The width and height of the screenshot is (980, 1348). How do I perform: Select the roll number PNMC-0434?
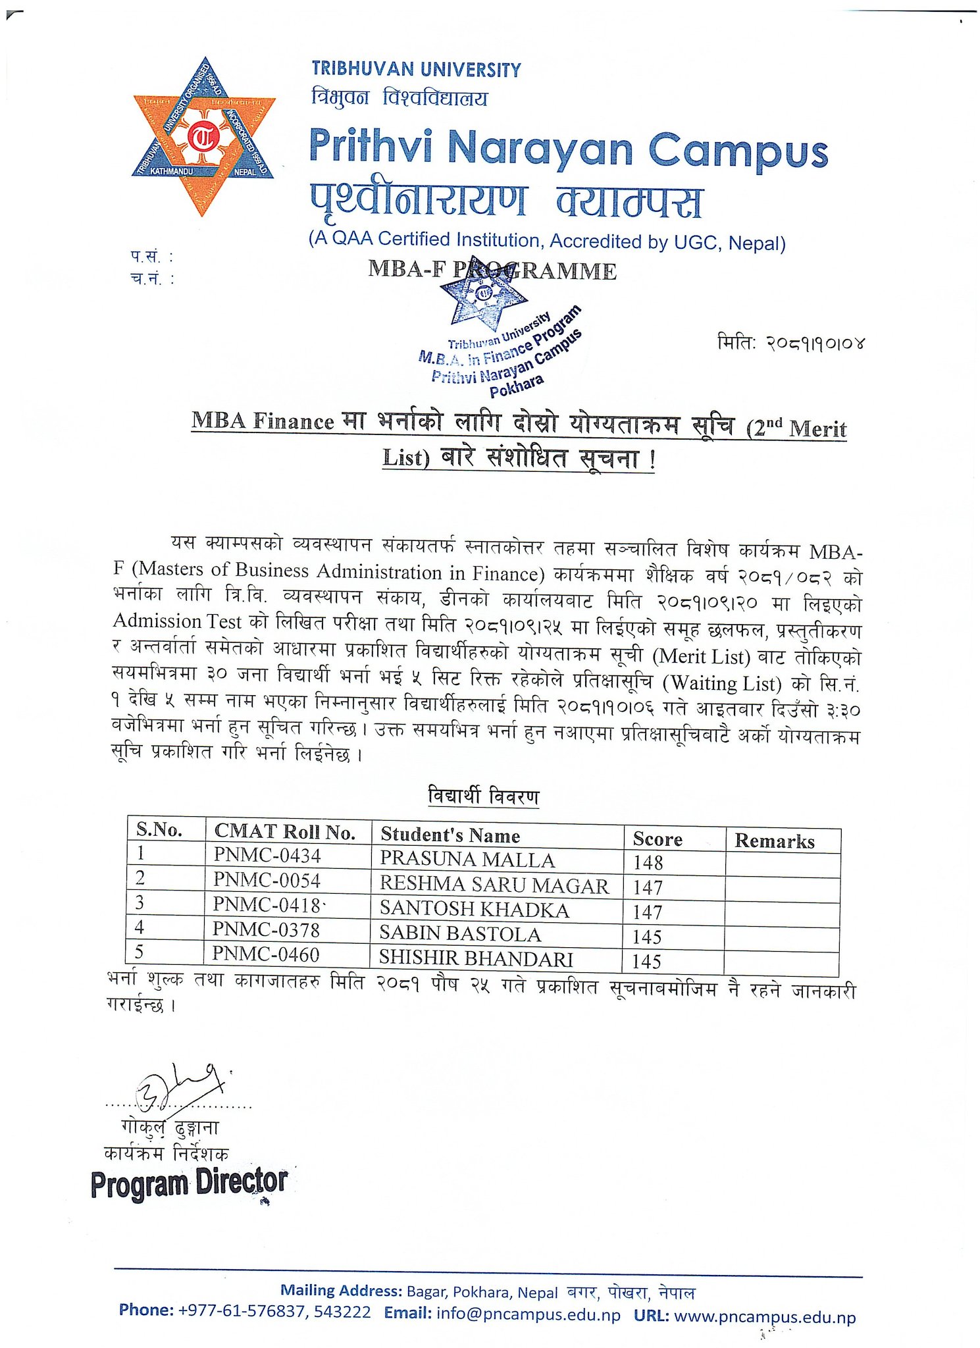[x=267, y=855]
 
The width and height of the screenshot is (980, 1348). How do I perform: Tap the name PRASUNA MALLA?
[x=467, y=859]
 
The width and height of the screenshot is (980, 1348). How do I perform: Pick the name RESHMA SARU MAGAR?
[x=494, y=885]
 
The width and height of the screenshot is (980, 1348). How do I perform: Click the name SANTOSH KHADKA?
[x=474, y=910]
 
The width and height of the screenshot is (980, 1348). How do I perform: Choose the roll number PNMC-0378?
[x=266, y=929]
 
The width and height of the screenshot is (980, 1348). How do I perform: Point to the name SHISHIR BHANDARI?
[x=476, y=958]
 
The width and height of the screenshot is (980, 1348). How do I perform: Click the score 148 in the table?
[x=648, y=862]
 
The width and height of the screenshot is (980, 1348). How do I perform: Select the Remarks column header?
[x=774, y=841]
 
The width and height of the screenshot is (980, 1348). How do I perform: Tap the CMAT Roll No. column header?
[x=284, y=832]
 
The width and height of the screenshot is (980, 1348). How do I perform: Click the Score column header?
[x=657, y=839]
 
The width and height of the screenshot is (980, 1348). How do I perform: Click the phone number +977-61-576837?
[x=242, y=1311]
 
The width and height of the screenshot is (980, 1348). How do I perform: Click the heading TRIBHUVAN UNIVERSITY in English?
[x=416, y=70]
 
